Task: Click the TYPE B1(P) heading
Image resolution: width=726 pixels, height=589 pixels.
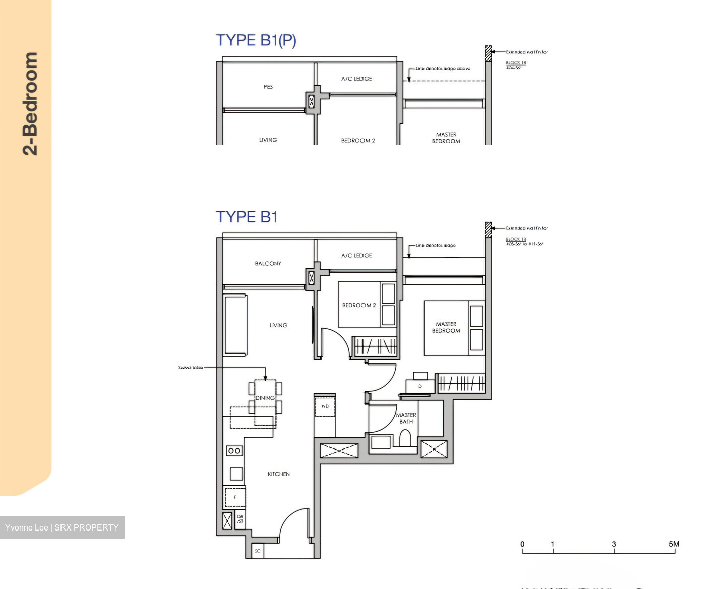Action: (256, 40)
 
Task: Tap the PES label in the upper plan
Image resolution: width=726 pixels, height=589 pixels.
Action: (268, 87)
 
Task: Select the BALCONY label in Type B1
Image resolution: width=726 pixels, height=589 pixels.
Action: (268, 263)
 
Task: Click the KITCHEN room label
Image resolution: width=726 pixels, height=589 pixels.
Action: (278, 474)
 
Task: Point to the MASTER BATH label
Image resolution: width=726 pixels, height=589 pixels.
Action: (406, 418)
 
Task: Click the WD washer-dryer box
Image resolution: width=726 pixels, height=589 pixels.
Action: (325, 406)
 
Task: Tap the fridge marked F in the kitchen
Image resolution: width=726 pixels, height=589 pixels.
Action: (234, 497)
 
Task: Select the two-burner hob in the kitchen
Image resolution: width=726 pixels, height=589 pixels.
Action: (234, 450)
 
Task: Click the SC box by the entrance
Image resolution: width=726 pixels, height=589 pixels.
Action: (257, 551)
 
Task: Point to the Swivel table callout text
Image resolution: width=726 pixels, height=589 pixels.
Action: (191, 368)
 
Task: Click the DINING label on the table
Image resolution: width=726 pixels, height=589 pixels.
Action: (265, 398)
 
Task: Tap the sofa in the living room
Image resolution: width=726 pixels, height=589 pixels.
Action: (235, 325)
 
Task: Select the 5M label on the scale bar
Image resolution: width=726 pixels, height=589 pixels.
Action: (674, 544)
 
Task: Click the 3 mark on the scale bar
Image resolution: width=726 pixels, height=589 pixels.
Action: (614, 544)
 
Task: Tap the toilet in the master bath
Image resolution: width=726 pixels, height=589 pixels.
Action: (405, 438)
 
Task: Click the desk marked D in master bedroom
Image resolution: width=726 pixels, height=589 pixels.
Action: (420, 386)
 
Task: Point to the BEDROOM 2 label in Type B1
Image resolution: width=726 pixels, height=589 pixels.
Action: (358, 305)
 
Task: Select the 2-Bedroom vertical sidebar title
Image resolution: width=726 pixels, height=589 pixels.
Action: (30, 103)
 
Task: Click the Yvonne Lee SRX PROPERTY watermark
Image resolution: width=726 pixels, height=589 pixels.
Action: (62, 527)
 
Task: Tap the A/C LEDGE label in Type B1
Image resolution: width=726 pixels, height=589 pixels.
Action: (356, 256)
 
